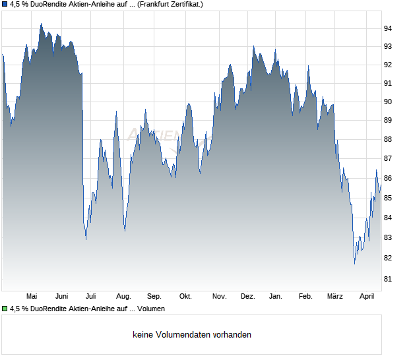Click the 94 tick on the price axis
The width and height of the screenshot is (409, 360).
(x=388, y=28)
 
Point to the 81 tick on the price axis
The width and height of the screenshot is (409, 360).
(x=388, y=280)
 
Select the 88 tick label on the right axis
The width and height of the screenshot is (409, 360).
(x=388, y=140)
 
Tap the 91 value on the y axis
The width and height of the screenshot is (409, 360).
(x=388, y=84)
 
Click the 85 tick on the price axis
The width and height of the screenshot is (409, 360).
(x=388, y=198)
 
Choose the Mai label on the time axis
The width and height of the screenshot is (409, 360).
(x=32, y=297)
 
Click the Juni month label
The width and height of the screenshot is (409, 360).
(x=62, y=297)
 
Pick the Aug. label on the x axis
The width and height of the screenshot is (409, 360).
(x=123, y=297)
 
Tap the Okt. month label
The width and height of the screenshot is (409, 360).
(x=185, y=297)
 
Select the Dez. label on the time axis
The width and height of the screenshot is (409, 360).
(x=247, y=297)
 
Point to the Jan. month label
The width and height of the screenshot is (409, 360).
(x=276, y=297)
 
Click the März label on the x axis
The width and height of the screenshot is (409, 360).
(x=335, y=297)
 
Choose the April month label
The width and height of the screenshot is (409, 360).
(x=366, y=297)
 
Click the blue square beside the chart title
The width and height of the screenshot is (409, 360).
(x=5, y=5)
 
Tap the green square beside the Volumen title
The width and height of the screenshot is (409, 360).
(x=5, y=309)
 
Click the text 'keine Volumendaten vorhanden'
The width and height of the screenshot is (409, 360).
(x=192, y=335)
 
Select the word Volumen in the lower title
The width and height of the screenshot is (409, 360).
(x=150, y=309)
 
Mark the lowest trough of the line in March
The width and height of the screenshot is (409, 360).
(x=354, y=264)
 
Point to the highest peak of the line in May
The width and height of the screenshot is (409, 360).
(x=41, y=24)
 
